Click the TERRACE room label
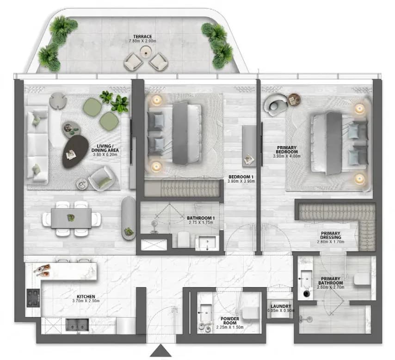pos(142,37)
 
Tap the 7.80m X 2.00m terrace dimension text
pos(142,41)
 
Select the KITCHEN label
pos(86,297)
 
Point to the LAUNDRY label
pos(281,306)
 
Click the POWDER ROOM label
pos(230,320)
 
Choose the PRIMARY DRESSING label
pos(331,235)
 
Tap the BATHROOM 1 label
pos(201,218)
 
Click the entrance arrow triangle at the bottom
pos(160,351)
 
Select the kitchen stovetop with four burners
pos(33,298)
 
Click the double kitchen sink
pos(77,325)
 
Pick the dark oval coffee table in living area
pos(75,152)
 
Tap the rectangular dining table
pos(71,218)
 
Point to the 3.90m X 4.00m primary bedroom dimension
pos(287,156)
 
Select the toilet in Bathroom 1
pos(183,239)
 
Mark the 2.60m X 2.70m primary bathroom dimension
pos(331,287)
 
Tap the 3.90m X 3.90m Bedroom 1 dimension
pos(241,181)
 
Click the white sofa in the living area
pos(37,144)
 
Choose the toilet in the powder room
pos(250,313)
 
